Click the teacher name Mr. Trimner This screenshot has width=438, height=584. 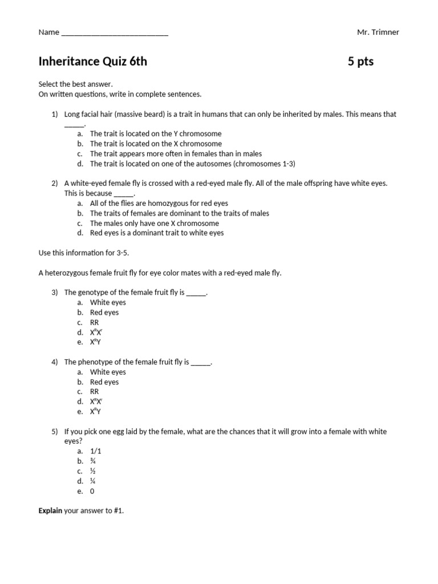[x=378, y=32]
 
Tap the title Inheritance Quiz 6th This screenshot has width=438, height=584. [x=92, y=62]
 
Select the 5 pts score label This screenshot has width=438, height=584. [x=360, y=62]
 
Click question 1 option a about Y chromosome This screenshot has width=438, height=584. [x=155, y=134]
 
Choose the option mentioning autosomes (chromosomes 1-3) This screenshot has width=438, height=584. [x=192, y=164]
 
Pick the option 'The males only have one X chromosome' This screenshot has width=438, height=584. [x=154, y=223]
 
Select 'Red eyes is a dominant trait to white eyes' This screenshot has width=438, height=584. [x=156, y=233]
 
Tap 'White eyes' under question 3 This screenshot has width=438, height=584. [x=108, y=302]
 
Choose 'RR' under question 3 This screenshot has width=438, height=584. [x=95, y=322]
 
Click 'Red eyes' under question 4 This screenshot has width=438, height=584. [x=104, y=382]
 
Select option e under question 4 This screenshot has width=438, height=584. [x=95, y=411]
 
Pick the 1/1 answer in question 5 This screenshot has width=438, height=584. [x=96, y=451]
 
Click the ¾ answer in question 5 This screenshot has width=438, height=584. [x=93, y=461]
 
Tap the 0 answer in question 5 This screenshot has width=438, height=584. [x=92, y=491]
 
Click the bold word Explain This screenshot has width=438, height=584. [x=50, y=511]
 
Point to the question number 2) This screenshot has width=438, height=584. [x=55, y=183]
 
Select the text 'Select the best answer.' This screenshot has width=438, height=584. [x=76, y=84]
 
